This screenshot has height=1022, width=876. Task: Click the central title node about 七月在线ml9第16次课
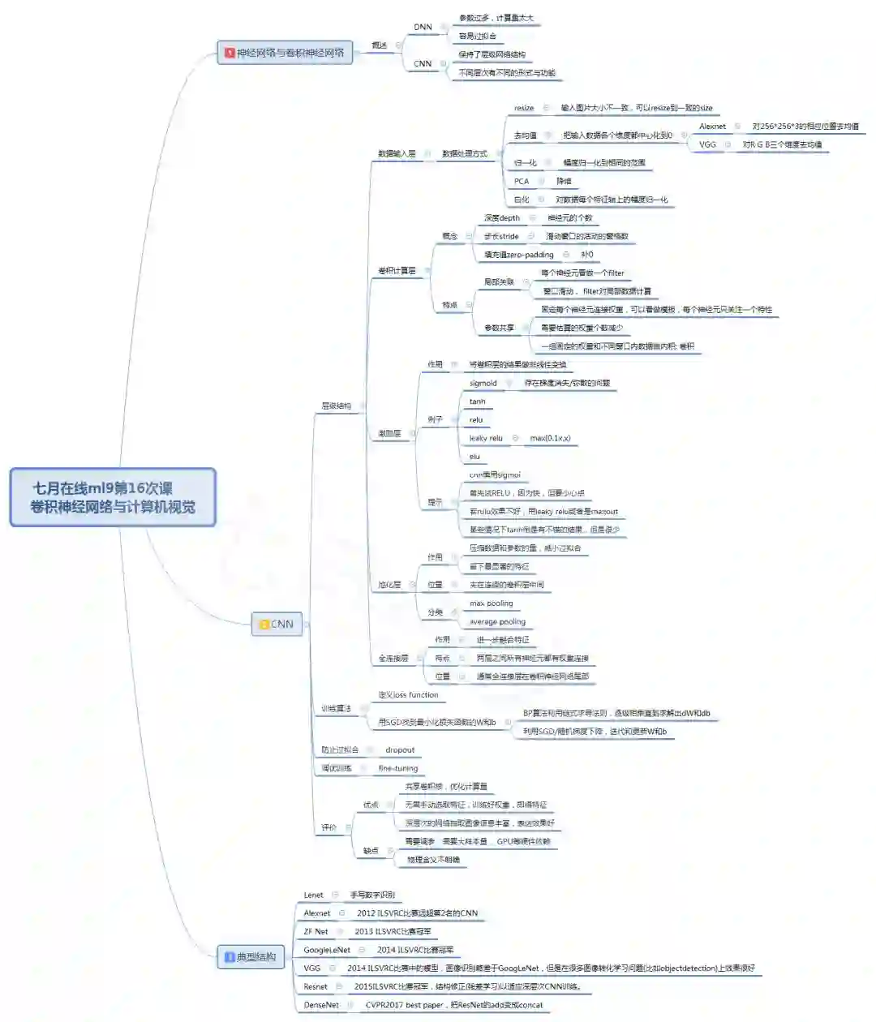113,497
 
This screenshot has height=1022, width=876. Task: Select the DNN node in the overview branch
423,27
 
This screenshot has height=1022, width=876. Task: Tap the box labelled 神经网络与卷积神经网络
285,53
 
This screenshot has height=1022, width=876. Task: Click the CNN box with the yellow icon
277,624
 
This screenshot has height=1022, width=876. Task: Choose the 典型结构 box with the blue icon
251,957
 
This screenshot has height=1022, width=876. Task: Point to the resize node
524,108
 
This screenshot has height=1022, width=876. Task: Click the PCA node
522,181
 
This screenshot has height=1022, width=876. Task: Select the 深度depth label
502,218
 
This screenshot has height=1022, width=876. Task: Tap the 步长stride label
501,236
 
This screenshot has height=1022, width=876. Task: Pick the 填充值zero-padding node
519,255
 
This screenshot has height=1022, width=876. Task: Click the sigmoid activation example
483,383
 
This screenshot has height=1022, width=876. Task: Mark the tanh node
477,401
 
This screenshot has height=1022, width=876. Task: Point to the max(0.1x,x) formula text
550,438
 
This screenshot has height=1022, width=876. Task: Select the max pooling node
492,603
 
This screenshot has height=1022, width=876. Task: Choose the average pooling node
498,622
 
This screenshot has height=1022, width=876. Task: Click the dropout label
400,750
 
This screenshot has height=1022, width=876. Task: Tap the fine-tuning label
398,768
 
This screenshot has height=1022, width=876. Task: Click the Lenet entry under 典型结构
313,895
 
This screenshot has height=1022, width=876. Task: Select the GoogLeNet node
327,950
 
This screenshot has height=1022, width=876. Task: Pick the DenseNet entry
321,1005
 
